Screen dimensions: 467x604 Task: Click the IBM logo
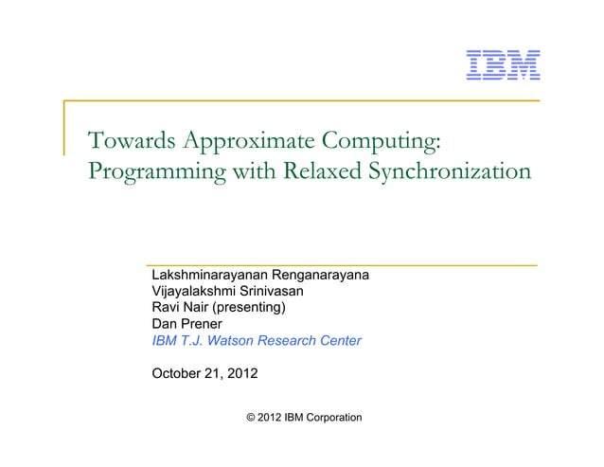pyautogui.click(x=503, y=63)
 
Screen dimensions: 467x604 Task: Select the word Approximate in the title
pyautogui.click(x=249, y=142)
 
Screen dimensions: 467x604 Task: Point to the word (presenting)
pyautogui.click(x=252, y=308)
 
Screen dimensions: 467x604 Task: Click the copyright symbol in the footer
pyautogui.click(x=250, y=418)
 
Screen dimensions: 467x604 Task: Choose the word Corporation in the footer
pyautogui.click(x=327, y=418)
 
